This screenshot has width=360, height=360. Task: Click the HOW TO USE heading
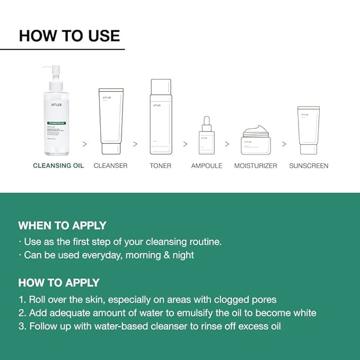coord(69,36)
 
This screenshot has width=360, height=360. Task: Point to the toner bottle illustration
coord(161,116)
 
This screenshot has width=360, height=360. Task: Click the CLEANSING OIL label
coord(58,166)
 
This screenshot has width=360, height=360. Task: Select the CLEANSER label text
coord(111,166)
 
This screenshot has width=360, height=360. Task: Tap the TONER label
coord(161,166)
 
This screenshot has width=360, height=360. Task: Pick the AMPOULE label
coord(207,166)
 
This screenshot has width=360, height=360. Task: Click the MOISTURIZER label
coord(256,166)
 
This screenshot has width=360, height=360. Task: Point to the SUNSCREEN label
coord(309,166)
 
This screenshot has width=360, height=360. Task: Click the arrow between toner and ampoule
coord(185,144)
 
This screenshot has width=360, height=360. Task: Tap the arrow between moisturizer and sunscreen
coord(284,144)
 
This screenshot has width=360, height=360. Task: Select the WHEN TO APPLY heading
coord(62,225)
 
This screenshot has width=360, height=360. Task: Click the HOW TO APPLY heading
coord(59,283)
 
